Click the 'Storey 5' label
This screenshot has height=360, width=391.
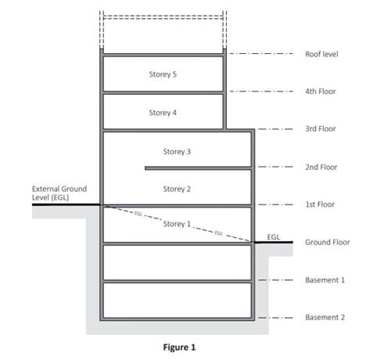[x=163, y=74]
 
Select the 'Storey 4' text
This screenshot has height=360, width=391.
[x=163, y=113]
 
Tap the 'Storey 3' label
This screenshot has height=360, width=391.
[x=177, y=152]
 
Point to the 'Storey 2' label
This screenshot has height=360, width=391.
[x=177, y=189]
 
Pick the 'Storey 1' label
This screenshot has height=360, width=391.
[x=177, y=224]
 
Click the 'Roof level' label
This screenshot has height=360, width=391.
[x=321, y=54]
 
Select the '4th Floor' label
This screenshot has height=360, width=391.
[x=321, y=92]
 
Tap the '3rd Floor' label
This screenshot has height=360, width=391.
[x=321, y=128]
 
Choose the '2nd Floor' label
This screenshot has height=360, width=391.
[x=321, y=167]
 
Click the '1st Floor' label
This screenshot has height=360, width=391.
[x=320, y=204]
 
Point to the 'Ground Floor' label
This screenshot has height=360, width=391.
[x=328, y=242]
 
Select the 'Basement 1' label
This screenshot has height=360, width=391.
[x=325, y=280]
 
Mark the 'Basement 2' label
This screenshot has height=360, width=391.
[x=325, y=317]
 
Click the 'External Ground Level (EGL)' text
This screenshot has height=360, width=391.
[x=59, y=193]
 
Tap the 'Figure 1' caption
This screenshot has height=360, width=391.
[x=179, y=347]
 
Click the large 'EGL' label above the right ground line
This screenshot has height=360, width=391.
[x=274, y=237]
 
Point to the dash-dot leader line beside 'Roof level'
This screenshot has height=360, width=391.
[x=261, y=54]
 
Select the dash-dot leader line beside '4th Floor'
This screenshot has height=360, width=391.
[x=261, y=92]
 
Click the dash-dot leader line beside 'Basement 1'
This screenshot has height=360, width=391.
[x=275, y=280]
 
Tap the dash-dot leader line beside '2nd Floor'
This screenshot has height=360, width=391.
[x=275, y=167]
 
